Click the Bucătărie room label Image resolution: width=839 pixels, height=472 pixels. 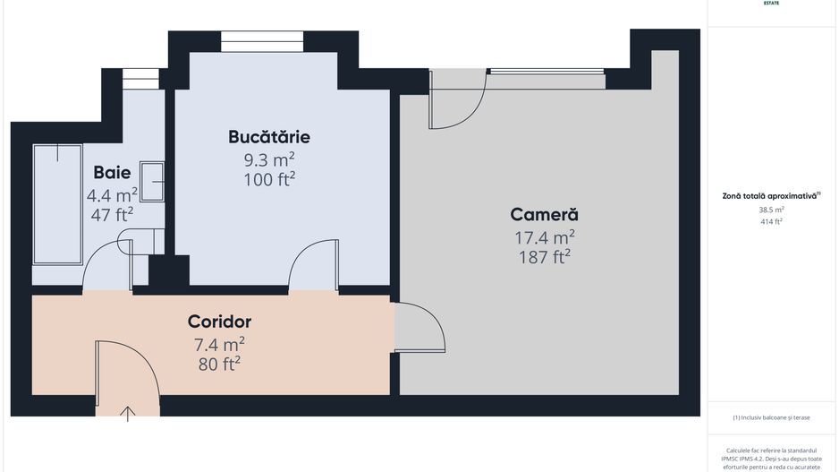[269, 137]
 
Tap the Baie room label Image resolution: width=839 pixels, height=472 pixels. [112, 172]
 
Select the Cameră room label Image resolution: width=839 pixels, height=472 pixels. [544, 215]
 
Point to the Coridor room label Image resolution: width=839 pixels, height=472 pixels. [219, 322]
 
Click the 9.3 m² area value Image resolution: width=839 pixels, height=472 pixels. [269, 159]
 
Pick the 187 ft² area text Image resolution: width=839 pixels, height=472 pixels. [544, 257]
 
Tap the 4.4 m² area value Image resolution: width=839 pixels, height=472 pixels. [112, 194]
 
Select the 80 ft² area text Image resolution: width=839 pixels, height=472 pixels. [219, 364]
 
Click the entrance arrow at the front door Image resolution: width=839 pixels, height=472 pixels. [129, 413]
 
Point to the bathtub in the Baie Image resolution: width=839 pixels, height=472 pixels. [57, 203]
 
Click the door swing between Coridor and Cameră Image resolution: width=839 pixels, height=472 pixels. [419, 328]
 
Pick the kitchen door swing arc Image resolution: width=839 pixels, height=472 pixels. [313, 265]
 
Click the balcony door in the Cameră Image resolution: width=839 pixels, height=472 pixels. [458, 100]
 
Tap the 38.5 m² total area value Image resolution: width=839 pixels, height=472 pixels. [771, 210]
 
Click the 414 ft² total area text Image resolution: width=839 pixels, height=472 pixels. [771, 221]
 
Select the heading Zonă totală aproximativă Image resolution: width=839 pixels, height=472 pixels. [771, 195]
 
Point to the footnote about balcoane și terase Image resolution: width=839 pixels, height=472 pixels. [771, 416]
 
